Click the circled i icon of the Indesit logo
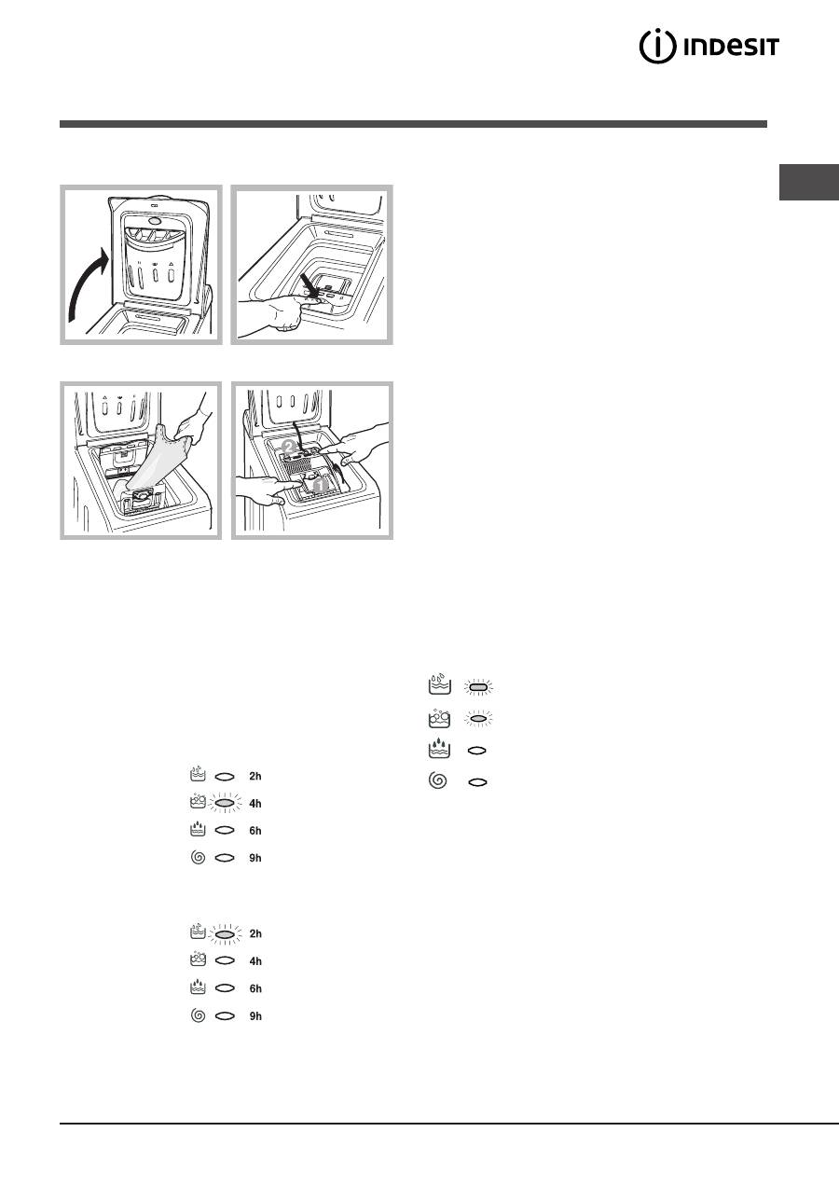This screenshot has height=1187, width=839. point(657,47)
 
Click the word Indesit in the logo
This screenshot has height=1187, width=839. point(732,48)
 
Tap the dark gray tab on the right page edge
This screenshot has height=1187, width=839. point(809,183)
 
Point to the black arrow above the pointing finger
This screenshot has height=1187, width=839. point(309,285)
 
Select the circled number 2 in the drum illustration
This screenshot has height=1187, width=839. point(289,447)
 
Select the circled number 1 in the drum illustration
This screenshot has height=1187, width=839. point(320,484)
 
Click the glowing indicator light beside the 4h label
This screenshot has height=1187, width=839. point(225,804)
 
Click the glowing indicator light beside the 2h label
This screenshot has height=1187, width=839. point(225,933)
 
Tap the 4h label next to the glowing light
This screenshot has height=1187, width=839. point(255,804)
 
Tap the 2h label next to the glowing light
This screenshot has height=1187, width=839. point(255,933)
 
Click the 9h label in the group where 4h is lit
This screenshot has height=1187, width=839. point(255,858)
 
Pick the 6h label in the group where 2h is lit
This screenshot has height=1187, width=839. point(255,988)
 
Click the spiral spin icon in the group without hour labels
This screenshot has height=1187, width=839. point(437,780)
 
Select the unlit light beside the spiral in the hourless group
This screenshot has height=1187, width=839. point(477,781)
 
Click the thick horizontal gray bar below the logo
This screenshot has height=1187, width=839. point(413,124)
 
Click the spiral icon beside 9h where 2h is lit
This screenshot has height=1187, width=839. point(198,1015)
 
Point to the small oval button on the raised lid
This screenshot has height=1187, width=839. point(154,220)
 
